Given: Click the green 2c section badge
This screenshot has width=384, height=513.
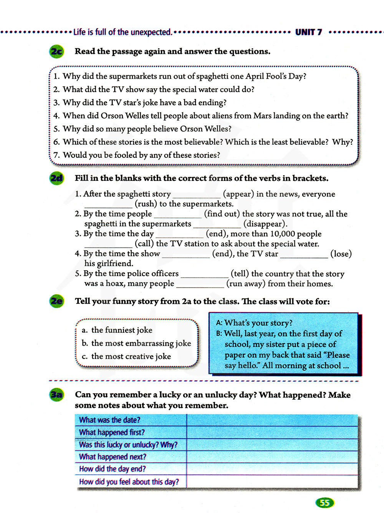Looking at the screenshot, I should click(x=56, y=51).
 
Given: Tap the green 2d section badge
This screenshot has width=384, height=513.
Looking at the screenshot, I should click(x=56, y=179).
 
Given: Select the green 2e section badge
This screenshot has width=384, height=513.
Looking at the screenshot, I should click(x=56, y=301).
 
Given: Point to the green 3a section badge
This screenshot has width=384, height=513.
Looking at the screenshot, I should click(x=56, y=395).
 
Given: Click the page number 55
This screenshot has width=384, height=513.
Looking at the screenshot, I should click(x=324, y=503).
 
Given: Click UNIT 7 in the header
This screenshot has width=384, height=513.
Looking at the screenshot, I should click(x=308, y=32).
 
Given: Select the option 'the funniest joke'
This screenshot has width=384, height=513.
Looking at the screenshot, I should click(x=122, y=330).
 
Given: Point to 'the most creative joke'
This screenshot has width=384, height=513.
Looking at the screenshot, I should click(x=131, y=356).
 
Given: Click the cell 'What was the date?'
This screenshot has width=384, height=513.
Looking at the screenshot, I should click(x=110, y=420).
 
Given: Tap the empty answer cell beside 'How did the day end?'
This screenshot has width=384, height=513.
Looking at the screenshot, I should click(x=272, y=469).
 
